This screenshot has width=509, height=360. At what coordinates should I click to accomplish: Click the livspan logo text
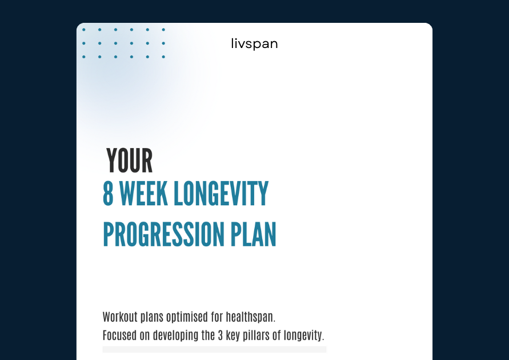coord(255,44)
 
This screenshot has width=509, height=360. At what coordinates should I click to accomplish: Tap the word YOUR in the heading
coord(130,161)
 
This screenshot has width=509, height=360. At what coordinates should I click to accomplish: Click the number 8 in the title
coord(108,194)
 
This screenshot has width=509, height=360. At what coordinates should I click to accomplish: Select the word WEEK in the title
coord(143,194)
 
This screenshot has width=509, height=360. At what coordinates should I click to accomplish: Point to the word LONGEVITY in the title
coord(222,194)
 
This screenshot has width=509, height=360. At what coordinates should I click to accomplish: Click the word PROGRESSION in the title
coord(163,234)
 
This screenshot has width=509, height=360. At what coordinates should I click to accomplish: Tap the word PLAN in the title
coord(253,234)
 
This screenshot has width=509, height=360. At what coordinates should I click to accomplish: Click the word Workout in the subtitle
coord(120,317)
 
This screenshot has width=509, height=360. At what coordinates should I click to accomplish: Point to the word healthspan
coord(251,317)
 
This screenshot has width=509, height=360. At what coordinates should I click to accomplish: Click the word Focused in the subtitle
coord(119,335)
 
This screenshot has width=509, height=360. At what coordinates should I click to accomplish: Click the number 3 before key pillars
coord(220,335)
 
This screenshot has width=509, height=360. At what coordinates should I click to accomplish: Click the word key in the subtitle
coord(233,335)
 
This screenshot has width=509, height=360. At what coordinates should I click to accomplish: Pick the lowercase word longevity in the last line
coord(303,335)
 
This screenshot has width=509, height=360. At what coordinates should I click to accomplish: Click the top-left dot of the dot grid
coord(84,30)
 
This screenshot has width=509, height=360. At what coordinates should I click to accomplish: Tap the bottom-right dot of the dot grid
coord(163,57)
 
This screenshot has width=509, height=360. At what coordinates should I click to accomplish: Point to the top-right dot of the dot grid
coord(163,30)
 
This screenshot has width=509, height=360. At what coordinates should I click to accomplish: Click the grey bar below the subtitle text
coord(215,349)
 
